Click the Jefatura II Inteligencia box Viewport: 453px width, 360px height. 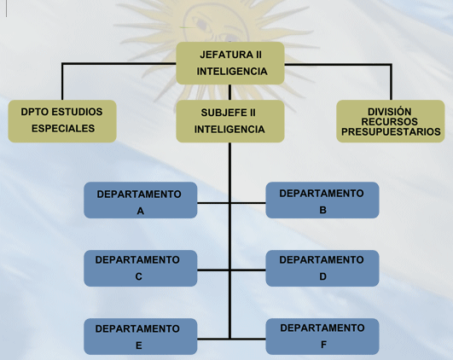pos(230,63)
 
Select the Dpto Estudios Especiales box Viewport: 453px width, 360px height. pos(62,121)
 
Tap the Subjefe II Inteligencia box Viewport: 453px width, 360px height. pos(230,121)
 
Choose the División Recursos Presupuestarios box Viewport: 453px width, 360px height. pos(391,121)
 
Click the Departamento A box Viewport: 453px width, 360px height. pos(141,200)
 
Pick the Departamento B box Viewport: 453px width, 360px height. pos(322,200)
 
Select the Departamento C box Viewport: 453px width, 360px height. pos(141,268)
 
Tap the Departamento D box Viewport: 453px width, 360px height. pos(322,268)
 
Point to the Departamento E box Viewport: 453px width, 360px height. pos(141,336)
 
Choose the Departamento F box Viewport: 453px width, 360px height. pos(322,336)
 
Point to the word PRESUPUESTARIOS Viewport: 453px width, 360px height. pos(391,131)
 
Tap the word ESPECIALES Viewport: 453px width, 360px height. pos(63,129)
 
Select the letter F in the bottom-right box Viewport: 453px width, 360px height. pos(323,345)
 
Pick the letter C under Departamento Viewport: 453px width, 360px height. pos(139,276)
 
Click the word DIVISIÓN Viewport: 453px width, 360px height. pos(389,111)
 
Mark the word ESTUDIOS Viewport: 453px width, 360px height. pos(78,112)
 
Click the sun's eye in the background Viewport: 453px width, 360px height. pos(202,24)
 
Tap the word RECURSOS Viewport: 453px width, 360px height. pos(389,122)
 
